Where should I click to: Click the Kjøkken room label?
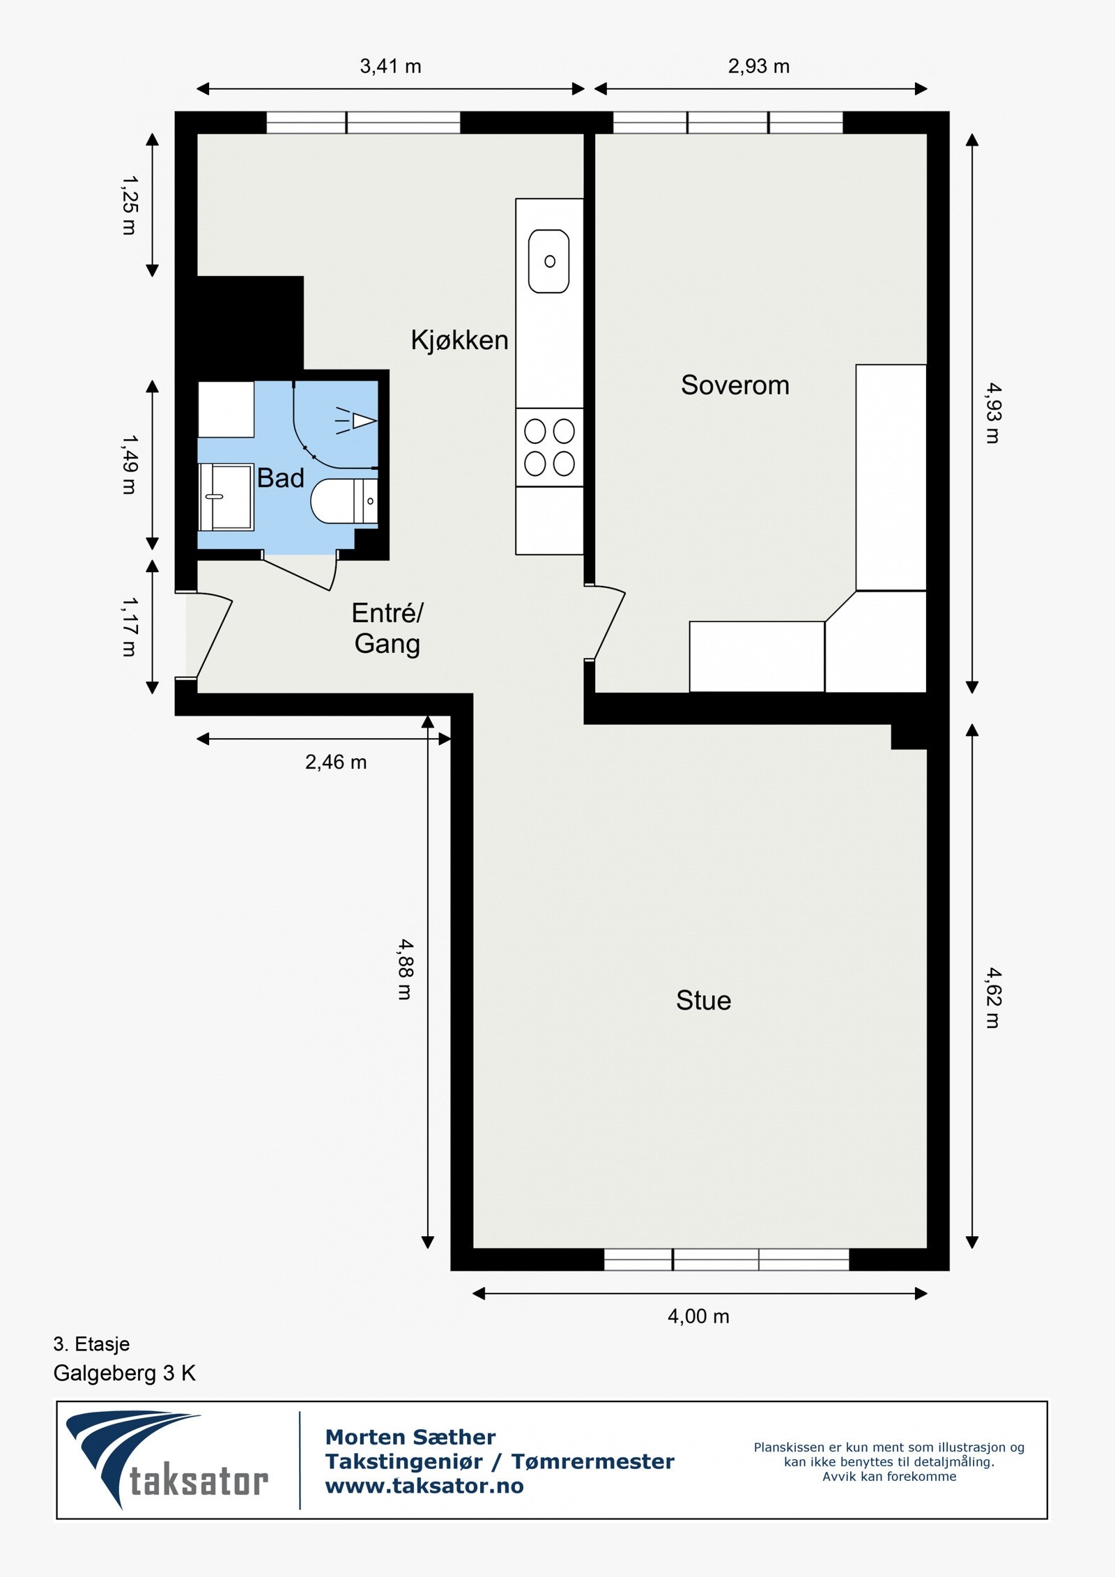pyautogui.click(x=459, y=340)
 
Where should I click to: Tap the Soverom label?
pyautogui.click(x=735, y=385)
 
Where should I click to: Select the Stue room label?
pyautogui.click(x=704, y=1001)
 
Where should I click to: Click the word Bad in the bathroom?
pyautogui.click(x=280, y=478)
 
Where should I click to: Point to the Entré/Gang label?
pyautogui.click(x=387, y=629)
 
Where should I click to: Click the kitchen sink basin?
pyautogui.click(x=549, y=261)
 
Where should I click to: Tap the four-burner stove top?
pyautogui.click(x=549, y=447)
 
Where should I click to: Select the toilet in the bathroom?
pyautogui.click(x=344, y=501)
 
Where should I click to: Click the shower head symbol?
pyautogui.click(x=357, y=421)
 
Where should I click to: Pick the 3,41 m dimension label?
pyautogui.click(x=390, y=66)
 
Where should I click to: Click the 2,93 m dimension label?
pyautogui.click(x=759, y=66)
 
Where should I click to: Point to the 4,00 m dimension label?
pyautogui.click(x=698, y=1316)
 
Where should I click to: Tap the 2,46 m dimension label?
pyautogui.click(x=336, y=762)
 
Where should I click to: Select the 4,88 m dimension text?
pyautogui.click(x=406, y=969)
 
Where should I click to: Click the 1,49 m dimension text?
pyautogui.click(x=130, y=465)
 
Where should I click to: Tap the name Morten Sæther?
pyautogui.click(x=410, y=1437)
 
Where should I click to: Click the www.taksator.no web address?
pyautogui.click(x=424, y=1486)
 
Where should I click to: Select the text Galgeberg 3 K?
pyautogui.click(x=125, y=1374)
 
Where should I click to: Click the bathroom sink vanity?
pyautogui.click(x=226, y=497)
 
